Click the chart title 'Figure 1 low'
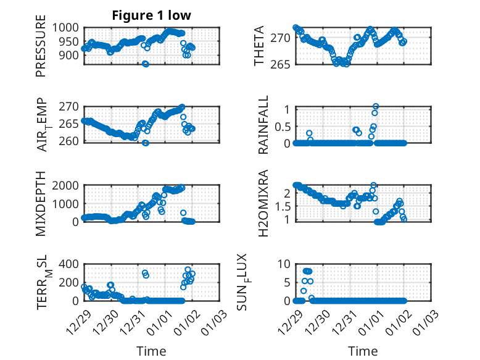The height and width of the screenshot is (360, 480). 151,16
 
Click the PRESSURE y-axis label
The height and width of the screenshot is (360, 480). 41,50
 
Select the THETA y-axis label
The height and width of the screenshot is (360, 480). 259,46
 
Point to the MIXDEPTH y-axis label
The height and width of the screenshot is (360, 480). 41,203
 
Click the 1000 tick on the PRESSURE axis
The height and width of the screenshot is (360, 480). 65,28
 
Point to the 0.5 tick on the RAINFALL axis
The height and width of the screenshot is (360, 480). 281,126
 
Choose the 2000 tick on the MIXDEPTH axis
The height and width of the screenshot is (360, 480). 65,185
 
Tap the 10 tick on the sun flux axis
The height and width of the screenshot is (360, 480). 283,264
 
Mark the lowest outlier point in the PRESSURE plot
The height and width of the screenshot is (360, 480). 146,64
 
